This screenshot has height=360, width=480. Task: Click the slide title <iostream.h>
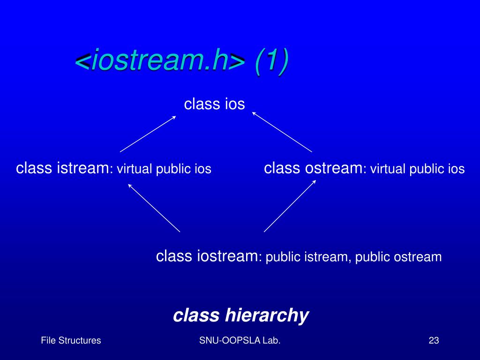coord(160,61)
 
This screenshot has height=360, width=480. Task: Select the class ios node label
coord(214,104)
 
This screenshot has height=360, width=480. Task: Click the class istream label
coord(62,168)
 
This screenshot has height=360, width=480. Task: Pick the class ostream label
coord(313,168)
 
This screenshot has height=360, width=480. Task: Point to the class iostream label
coord(207,256)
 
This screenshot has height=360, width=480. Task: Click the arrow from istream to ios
coord(148,134)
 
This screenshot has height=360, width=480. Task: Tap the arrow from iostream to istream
coord(154,207)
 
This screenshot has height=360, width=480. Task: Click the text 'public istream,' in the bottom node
coord(308,257)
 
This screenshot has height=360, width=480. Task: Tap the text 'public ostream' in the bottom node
coord(398,257)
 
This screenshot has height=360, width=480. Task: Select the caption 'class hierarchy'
coord(240,315)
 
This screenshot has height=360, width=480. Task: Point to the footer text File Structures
coord(71,341)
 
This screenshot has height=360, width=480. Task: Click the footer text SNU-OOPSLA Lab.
coord(240,341)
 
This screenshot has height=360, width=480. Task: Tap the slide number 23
coord(433,341)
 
